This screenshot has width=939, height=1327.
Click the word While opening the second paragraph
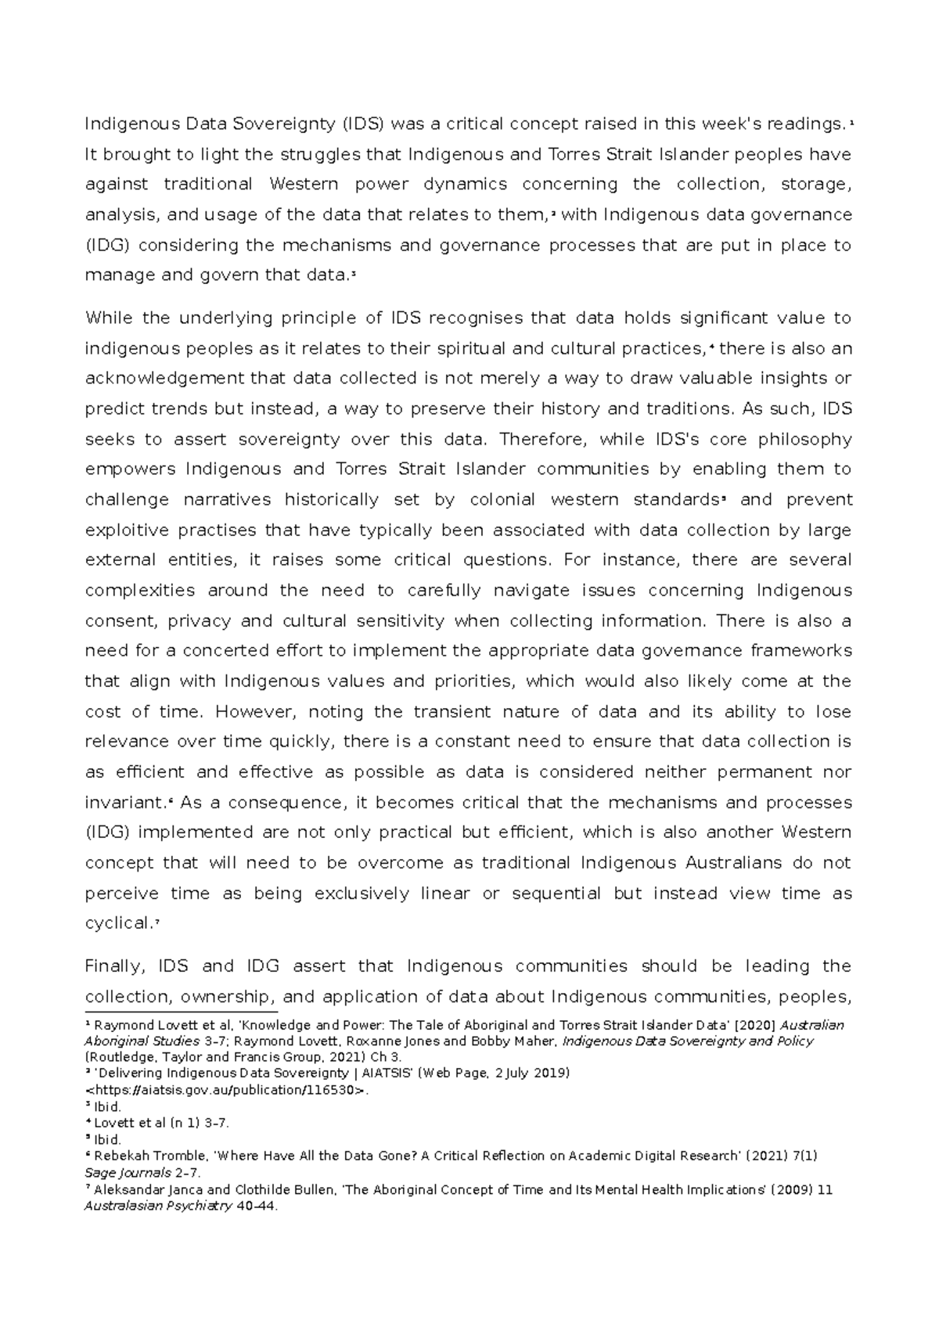pyautogui.click(x=109, y=318)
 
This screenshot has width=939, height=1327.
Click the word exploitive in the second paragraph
pyautogui.click(x=126, y=530)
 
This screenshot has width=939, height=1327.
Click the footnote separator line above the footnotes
pyautogui.click(x=180, y=1012)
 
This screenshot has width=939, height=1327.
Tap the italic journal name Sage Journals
pyautogui.click(x=128, y=1173)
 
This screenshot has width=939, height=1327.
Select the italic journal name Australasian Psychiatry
pyautogui.click(x=157, y=1206)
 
